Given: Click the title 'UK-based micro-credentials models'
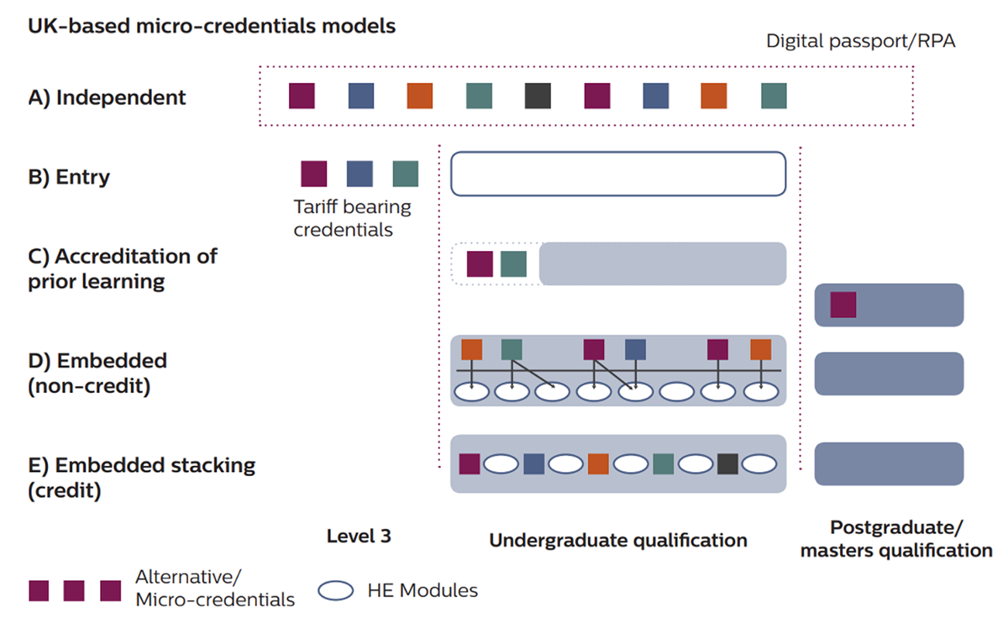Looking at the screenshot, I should pyautogui.click(x=212, y=26).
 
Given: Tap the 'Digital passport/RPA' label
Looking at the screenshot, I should pyautogui.click(x=860, y=41).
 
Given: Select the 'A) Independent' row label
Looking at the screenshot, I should pyautogui.click(x=108, y=97).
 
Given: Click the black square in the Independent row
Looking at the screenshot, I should pyautogui.click(x=538, y=96).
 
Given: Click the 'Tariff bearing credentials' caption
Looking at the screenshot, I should pyautogui.click(x=352, y=217).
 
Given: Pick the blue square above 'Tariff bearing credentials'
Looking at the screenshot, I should pyautogui.click(x=360, y=174).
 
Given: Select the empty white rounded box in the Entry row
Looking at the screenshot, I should pyautogui.click(x=618, y=174).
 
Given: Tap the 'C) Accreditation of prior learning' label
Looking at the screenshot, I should pyautogui.click(x=122, y=268).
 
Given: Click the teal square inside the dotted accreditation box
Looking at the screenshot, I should pyautogui.click(x=513, y=264).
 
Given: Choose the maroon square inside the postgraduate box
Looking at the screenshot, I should pyautogui.click(x=843, y=305).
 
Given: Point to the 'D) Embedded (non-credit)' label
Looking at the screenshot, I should pyautogui.click(x=97, y=373).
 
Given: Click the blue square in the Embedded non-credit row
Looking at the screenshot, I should pyautogui.click(x=635, y=349).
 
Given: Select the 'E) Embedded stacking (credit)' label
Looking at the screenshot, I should pyautogui.click(x=141, y=477).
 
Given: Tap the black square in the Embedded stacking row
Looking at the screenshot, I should pyautogui.click(x=727, y=464).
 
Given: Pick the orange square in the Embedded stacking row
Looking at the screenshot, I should pyautogui.click(x=598, y=464).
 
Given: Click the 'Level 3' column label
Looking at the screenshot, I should pyautogui.click(x=359, y=536).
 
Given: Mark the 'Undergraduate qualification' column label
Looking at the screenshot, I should pyautogui.click(x=618, y=540).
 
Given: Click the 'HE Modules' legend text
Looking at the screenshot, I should pyautogui.click(x=423, y=590).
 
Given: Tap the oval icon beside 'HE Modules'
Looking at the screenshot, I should pyautogui.click(x=337, y=591).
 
